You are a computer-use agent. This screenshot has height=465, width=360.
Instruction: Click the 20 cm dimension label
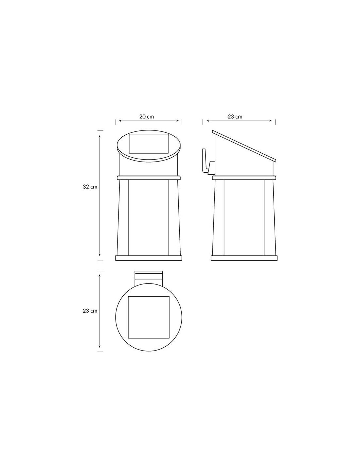[x=147, y=117]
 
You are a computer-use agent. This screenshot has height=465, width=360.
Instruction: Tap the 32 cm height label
[x=90, y=187]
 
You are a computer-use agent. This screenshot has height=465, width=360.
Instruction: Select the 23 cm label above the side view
[x=235, y=117]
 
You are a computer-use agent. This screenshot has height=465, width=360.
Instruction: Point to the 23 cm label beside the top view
[x=90, y=311]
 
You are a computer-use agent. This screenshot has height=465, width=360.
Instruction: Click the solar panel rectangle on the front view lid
[x=149, y=144]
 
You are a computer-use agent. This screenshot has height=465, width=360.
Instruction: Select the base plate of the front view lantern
[x=149, y=258]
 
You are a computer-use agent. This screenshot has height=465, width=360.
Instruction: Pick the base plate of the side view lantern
[x=244, y=258]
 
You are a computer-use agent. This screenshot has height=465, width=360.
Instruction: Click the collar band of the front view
[x=149, y=178]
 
